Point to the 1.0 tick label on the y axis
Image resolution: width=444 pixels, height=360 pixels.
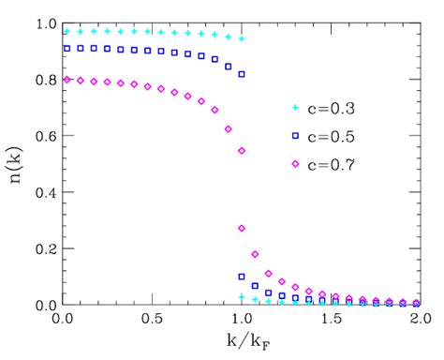(43, 22)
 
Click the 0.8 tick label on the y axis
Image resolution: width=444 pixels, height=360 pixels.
(43, 79)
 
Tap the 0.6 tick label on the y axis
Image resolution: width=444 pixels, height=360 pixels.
(43, 135)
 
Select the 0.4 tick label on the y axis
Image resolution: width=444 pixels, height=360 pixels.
(43, 192)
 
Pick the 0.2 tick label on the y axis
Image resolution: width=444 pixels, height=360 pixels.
(43, 248)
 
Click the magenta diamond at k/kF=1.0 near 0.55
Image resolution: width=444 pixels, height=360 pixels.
(242, 151)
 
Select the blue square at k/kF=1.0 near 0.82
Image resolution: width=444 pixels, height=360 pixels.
(242, 74)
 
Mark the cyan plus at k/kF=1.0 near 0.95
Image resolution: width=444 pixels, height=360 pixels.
(242, 38)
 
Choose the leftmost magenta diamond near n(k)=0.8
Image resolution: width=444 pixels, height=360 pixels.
(65, 80)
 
